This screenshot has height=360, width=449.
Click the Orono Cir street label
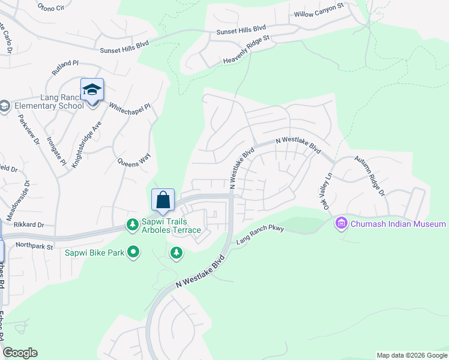coord(50,8)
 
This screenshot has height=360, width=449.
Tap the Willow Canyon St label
coord(318,10)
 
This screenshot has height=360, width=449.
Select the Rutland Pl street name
coord(65,66)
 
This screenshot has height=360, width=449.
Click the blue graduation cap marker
coord(92,90)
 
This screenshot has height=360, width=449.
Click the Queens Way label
coord(133,161)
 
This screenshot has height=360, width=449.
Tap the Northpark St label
coord(35,245)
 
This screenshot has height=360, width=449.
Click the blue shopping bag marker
coord(163,200)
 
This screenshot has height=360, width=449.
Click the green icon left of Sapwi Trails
coord(132,224)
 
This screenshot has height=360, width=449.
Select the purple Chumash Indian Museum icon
coord(341,224)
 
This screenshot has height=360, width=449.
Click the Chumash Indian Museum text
coord(397,224)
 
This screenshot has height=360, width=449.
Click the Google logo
coord(20,353)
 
